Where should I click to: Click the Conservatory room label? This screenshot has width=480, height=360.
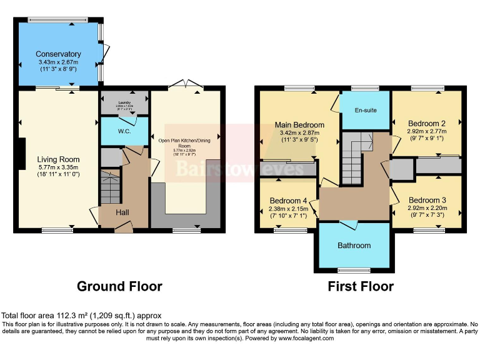point(58,54)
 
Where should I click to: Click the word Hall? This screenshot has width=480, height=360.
point(122,213)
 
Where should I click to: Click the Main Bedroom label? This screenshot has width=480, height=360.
point(299,125)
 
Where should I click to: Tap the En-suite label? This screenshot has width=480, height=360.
point(366,111)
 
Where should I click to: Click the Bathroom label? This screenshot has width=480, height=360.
point(354,246)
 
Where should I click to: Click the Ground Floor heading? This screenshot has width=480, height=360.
point(119,287)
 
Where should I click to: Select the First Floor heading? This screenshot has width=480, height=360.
point(361,287)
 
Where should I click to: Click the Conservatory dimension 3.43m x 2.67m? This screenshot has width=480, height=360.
point(57,62)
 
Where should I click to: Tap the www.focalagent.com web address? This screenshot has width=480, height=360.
point(304,338)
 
